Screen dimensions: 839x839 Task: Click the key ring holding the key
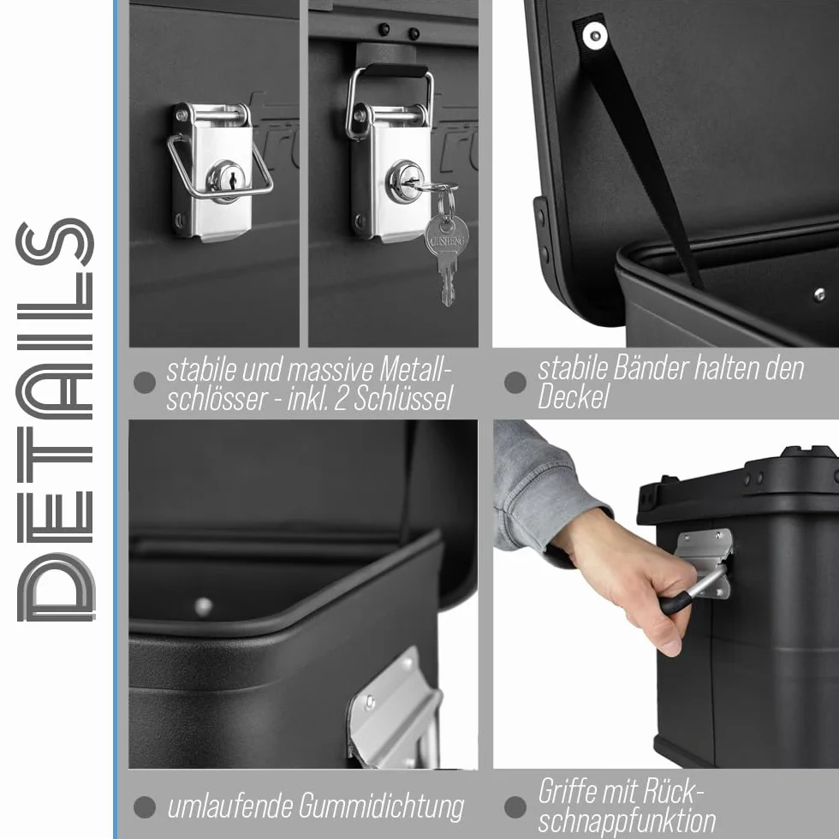pos(446,199)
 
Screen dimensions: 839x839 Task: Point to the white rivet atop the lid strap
pos(594,36)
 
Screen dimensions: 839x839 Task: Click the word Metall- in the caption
pos(416,370)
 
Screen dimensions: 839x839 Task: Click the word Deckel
pos(573,397)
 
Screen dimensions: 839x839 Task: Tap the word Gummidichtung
pos(381,806)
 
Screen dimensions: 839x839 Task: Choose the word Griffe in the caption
pos(569,792)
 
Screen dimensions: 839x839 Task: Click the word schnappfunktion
pos(627,820)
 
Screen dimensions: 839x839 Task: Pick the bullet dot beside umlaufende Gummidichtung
pos(144,806)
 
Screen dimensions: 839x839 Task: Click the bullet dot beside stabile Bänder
pos(515,383)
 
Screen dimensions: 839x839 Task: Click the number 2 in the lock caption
pos(341,399)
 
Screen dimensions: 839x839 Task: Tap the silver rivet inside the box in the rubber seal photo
pos(203,607)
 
